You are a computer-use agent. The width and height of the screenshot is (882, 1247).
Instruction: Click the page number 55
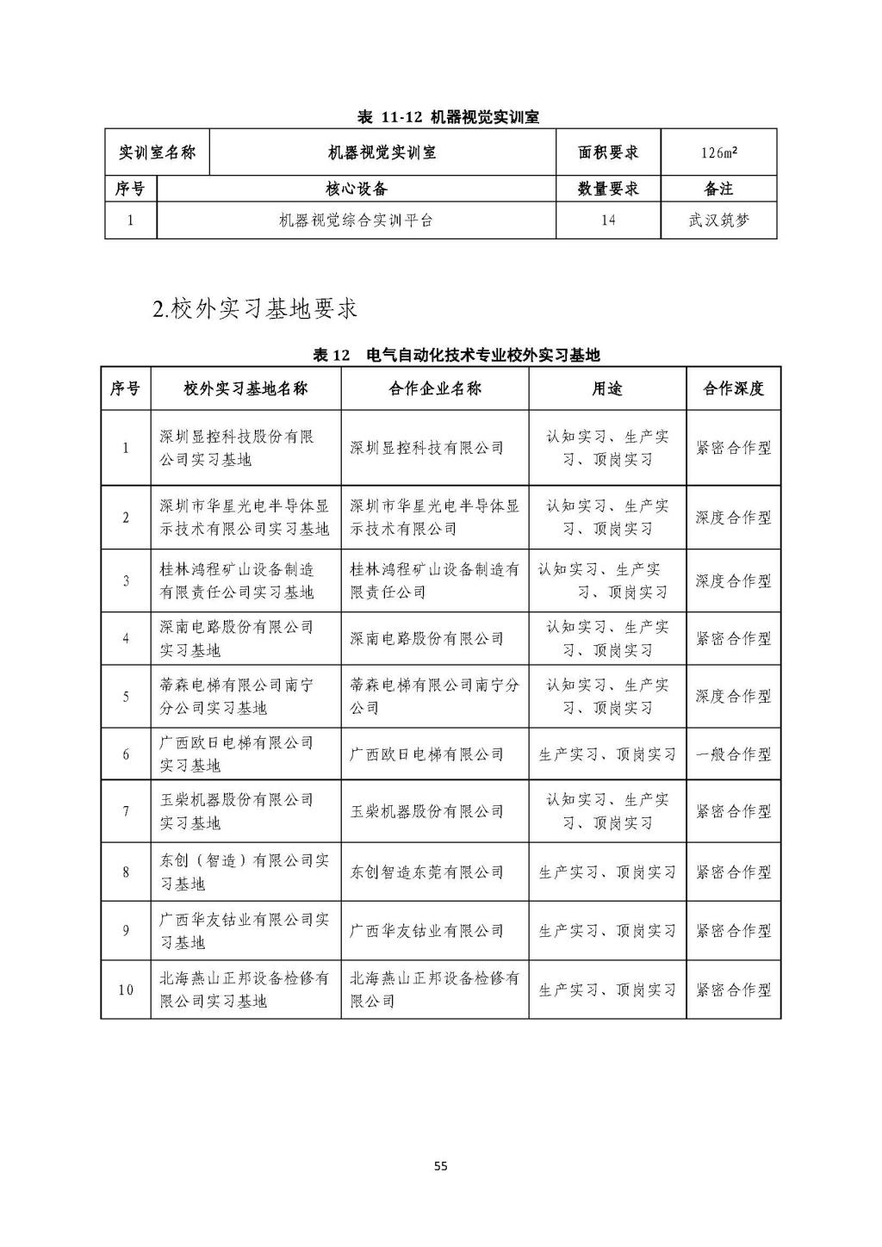pyautogui.click(x=440, y=1167)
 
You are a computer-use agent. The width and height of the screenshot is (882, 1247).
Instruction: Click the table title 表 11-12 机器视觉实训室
pyautogui.click(x=448, y=117)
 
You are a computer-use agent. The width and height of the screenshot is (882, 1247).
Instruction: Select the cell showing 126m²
pyautogui.click(x=718, y=152)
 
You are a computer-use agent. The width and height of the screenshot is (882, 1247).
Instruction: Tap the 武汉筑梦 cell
pyautogui.click(x=718, y=220)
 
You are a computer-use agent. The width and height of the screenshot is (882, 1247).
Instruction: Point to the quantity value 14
pyautogui.click(x=608, y=220)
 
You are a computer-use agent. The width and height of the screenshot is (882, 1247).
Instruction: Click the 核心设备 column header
pyautogui.click(x=356, y=189)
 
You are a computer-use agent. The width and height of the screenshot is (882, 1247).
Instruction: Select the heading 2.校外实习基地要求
pyautogui.click(x=255, y=309)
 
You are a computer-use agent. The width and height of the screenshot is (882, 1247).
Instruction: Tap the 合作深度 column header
pyautogui.click(x=733, y=388)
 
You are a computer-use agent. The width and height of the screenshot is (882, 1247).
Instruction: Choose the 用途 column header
pyautogui.click(x=606, y=388)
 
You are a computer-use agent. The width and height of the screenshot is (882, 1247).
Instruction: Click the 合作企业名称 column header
pyautogui.click(x=435, y=388)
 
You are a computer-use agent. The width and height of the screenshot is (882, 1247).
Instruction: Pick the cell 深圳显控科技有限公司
pyautogui.click(x=426, y=448)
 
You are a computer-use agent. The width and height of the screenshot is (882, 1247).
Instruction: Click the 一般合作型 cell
pyautogui.click(x=733, y=754)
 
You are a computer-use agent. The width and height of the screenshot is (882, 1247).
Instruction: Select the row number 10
pyautogui.click(x=126, y=990)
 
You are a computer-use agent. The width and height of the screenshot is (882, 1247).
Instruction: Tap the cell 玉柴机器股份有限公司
pyautogui.click(x=426, y=811)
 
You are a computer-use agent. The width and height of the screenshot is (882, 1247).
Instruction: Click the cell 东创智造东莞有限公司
pyautogui.click(x=426, y=872)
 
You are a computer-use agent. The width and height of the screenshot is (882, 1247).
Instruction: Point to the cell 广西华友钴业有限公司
pyautogui.click(x=426, y=931)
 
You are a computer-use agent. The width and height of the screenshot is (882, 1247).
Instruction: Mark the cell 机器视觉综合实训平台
pyautogui.click(x=356, y=220)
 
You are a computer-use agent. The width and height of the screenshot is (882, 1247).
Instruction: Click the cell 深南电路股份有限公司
pyautogui.click(x=426, y=638)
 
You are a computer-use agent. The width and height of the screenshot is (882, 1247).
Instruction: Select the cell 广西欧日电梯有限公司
pyautogui.click(x=426, y=754)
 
